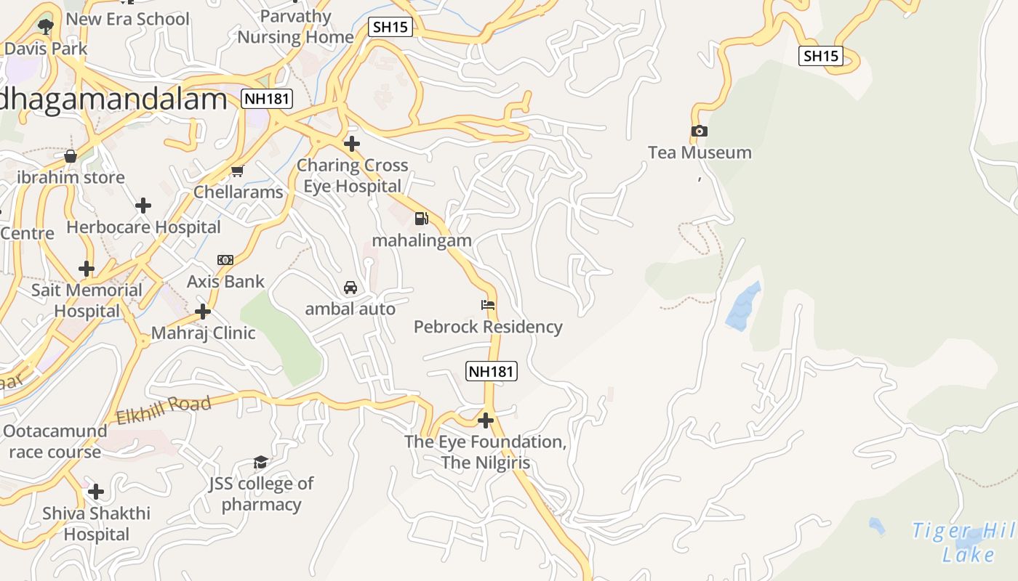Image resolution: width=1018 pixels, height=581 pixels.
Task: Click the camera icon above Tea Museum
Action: (x=700, y=131)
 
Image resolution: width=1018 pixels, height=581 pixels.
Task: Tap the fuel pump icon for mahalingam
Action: (x=421, y=219)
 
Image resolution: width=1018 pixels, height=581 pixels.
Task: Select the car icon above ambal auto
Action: (x=350, y=288)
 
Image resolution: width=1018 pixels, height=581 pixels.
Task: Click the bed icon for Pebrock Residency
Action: (x=488, y=305)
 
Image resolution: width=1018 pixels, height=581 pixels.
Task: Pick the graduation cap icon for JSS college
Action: (x=260, y=463)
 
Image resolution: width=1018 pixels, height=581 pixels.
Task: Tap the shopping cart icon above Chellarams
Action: (x=237, y=171)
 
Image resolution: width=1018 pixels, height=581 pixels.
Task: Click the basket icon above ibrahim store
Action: (x=71, y=156)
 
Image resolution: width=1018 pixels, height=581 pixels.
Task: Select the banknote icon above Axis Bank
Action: (x=225, y=260)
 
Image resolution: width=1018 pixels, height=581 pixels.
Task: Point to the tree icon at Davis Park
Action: (x=46, y=28)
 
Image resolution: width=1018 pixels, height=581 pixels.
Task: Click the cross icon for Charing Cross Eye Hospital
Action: (x=352, y=144)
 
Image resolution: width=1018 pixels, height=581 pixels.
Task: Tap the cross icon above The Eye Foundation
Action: (x=485, y=420)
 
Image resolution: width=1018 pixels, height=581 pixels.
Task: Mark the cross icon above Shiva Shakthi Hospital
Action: (x=96, y=492)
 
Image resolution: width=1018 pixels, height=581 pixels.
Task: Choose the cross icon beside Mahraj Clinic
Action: (x=203, y=312)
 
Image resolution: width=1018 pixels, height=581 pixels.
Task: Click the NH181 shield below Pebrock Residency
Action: (x=492, y=371)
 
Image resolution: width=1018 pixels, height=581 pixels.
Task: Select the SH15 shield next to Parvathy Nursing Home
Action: (x=390, y=28)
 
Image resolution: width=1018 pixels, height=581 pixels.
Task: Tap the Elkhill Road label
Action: (x=164, y=410)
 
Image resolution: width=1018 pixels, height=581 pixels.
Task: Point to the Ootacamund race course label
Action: (x=55, y=442)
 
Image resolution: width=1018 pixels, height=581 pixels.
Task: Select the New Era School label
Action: (x=127, y=19)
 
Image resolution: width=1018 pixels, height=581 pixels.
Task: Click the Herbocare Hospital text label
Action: (x=143, y=227)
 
